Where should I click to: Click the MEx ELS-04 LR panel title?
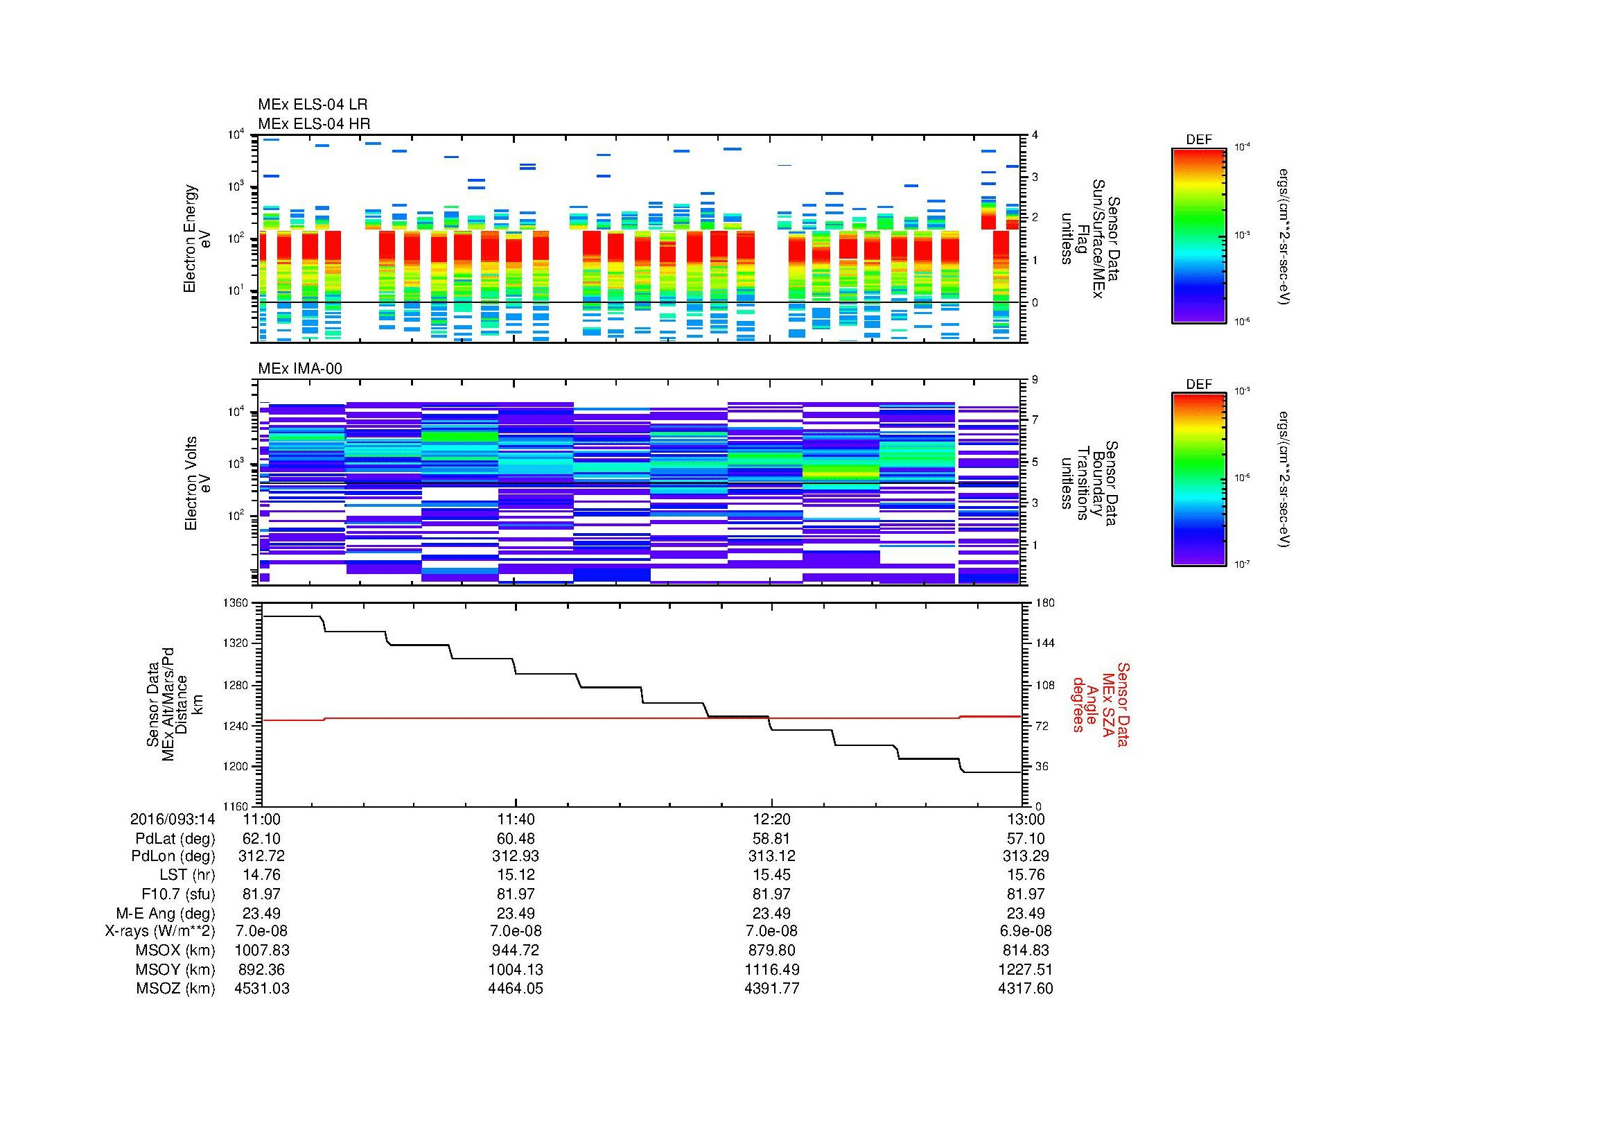(x=312, y=105)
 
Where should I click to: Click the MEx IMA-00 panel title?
(x=300, y=369)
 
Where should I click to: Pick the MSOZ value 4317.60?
(x=1025, y=989)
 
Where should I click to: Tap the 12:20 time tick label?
(x=771, y=819)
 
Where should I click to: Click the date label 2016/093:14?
(x=173, y=819)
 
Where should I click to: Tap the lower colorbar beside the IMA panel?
(x=1198, y=480)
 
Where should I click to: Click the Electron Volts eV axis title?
(x=198, y=484)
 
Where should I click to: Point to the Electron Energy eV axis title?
(x=198, y=238)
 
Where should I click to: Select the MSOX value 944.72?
(x=516, y=950)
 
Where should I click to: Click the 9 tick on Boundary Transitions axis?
(x=1035, y=380)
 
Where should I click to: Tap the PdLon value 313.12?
(x=771, y=856)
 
